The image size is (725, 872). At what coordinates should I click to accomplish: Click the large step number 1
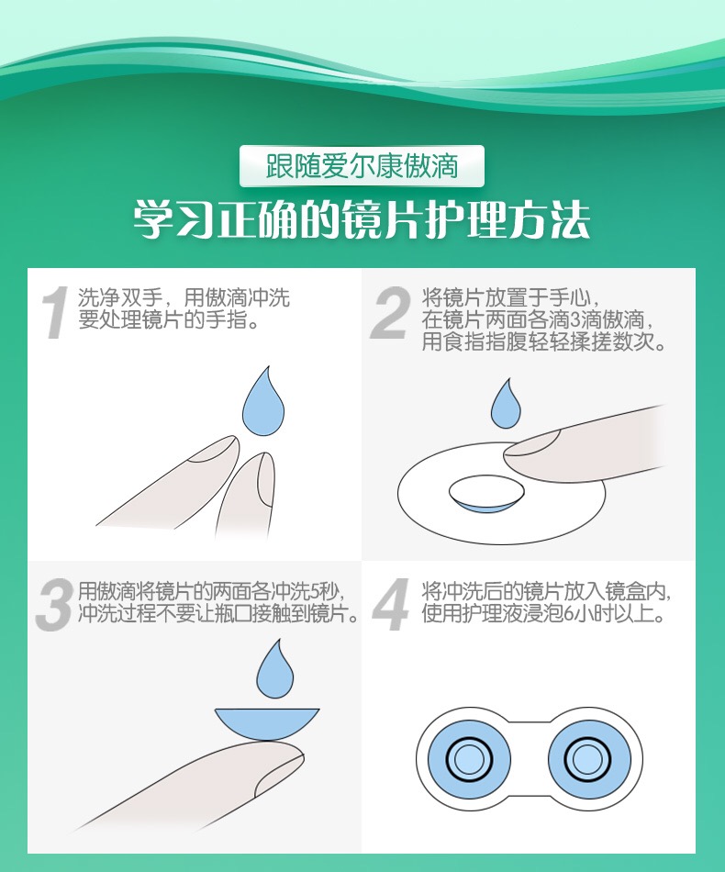(x=54, y=311)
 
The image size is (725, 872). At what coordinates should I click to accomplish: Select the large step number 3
(x=54, y=605)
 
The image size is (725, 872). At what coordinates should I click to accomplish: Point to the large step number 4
(x=390, y=605)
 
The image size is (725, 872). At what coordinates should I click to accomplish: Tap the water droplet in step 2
(x=506, y=405)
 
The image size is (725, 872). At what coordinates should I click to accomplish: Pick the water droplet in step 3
(x=274, y=672)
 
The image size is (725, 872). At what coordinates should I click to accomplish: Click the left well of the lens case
(x=469, y=758)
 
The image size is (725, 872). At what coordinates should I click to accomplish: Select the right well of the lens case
(x=589, y=758)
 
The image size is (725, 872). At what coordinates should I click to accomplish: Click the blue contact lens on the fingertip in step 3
(x=267, y=723)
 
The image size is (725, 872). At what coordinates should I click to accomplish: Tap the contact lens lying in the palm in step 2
(x=486, y=494)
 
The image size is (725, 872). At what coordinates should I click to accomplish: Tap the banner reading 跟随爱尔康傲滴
(x=362, y=166)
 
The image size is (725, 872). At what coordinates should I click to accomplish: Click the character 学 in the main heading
(x=154, y=220)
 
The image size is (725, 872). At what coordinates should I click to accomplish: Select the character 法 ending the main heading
(x=570, y=220)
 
